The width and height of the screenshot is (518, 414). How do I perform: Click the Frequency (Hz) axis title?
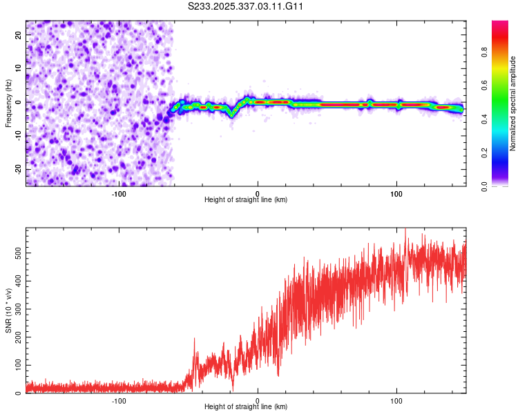pos(8,102)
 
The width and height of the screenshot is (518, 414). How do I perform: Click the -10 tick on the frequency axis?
pos(18,135)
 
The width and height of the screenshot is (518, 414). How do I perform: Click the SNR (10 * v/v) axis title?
pos(8,310)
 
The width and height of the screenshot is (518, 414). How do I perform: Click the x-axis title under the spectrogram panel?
pos(246,200)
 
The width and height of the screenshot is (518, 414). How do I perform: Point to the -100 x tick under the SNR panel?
pos(119,400)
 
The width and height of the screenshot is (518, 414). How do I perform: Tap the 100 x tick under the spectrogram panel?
pos(396,193)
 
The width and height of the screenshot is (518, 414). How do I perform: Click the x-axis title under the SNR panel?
pos(246,407)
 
